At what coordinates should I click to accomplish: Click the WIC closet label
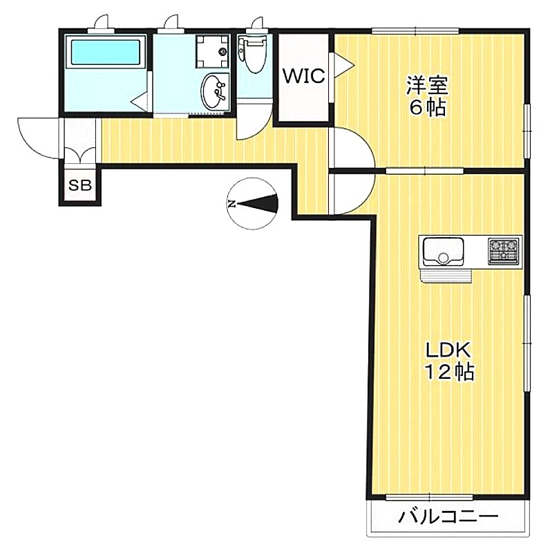click(x=304, y=76)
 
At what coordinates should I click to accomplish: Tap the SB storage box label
click(x=80, y=185)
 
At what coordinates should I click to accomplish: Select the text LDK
click(x=448, y=350)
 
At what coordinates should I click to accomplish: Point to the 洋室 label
click(x=427, y=86)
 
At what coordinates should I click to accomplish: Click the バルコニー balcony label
click(x=448, y=518)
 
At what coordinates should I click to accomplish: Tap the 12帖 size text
click(x=449, y=371)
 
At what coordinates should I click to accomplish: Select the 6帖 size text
click(x=427, y=108)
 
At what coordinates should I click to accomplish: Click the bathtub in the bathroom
click(x=106, y=52)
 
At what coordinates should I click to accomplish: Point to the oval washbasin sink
click(x=214, y=91)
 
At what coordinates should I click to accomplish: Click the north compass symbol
click(x=252, y=204)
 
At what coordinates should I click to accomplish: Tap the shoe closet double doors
click(x=80, y=156)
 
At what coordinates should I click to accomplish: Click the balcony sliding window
click(x=429, y=498)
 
